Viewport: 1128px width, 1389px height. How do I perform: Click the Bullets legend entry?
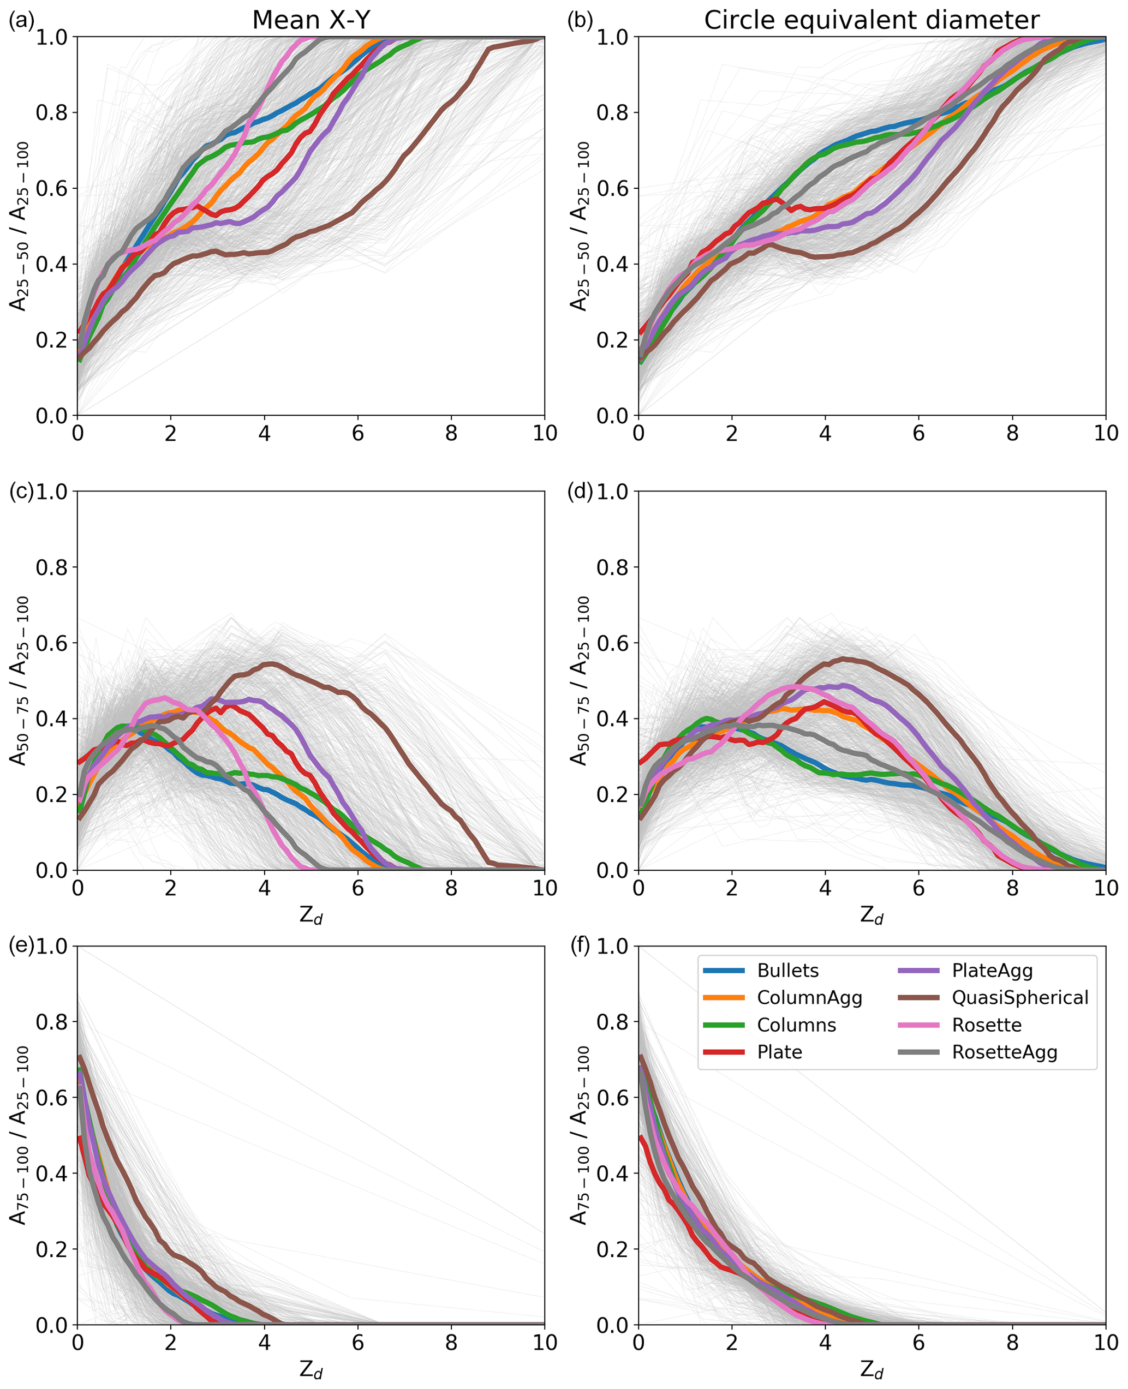coord(787,971)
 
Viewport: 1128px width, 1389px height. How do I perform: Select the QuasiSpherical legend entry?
coord(1019,998)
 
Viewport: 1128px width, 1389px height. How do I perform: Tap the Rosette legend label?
coord(986,1025)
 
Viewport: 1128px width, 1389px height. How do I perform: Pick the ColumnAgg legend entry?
coord(809,998)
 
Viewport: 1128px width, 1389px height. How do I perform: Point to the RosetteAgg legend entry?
coord(1004,1052)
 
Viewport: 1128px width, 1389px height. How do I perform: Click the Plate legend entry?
coord(779,1052)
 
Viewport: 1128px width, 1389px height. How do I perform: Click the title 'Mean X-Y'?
coord(311,20)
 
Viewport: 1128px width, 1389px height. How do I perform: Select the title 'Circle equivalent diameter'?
coord(872,20)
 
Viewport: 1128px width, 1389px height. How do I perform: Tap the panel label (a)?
coord(21,21)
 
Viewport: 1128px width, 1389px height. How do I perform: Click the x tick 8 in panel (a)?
coord(451,433)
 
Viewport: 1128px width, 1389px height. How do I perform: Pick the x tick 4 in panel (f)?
coord(825,1342)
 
